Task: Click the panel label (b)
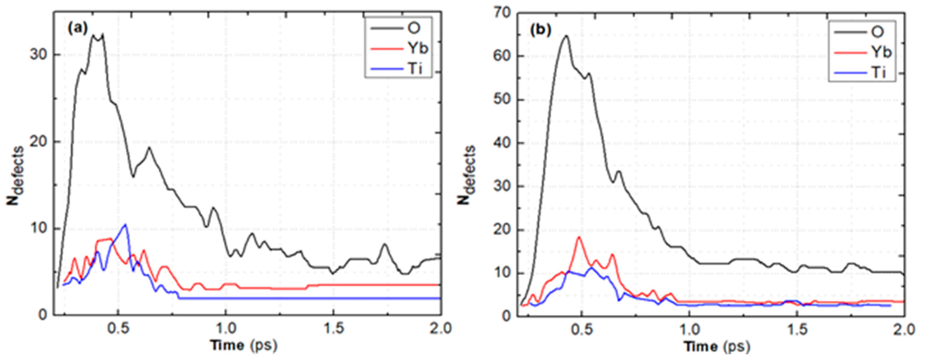(x=540, y=31)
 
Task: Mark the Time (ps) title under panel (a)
(x=244, y=345)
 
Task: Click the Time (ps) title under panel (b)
(x=716, y=347)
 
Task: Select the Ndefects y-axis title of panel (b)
(x=467, y=175)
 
